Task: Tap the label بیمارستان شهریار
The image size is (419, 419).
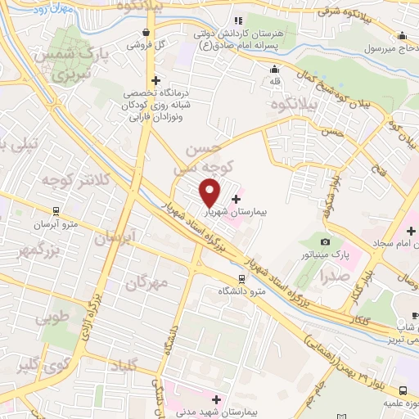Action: [264, 211]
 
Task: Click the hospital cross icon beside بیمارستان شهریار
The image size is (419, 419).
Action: [237, 199]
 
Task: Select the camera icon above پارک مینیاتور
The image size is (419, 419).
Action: [326, 242]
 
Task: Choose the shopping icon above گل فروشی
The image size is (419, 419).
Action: [145, 33]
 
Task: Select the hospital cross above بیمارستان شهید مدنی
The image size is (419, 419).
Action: [216, 399]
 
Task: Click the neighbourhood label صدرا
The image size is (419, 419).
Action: [336, 278]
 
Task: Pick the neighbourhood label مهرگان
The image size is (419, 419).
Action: [147, 283]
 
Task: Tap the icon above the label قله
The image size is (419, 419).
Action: [275, 69]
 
